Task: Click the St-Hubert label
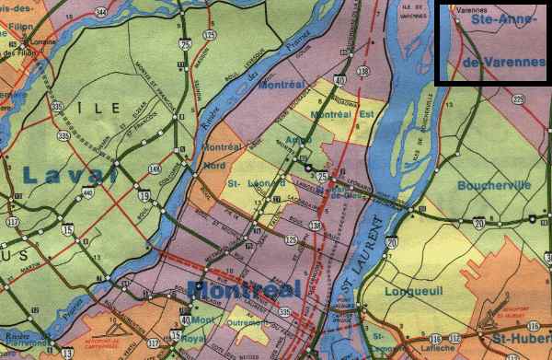pos(520,350)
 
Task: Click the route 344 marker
pos(99,12)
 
